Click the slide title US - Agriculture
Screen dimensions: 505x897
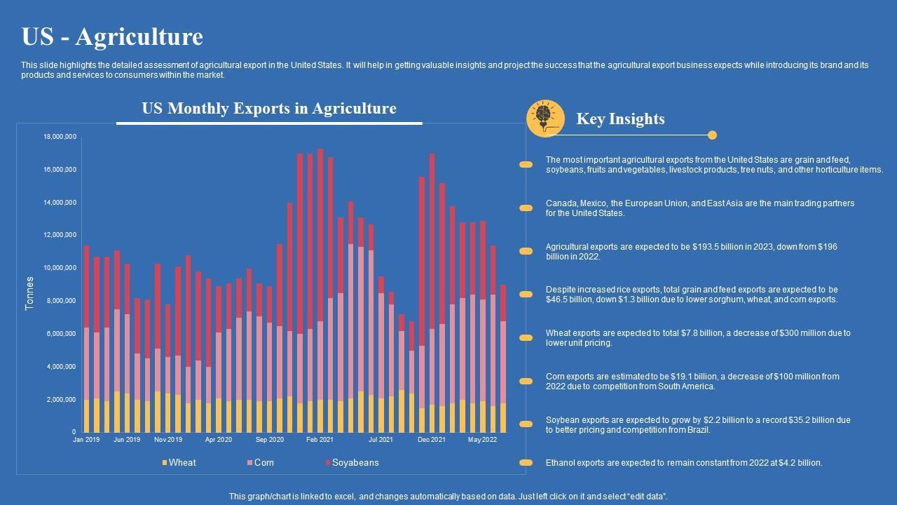(112, 36)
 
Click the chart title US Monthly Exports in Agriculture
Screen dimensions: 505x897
(269, 109)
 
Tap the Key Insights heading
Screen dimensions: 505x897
(620, 119)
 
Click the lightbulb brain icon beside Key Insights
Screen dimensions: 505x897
(545, 118)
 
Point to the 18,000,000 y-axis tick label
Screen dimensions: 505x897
(60, 137)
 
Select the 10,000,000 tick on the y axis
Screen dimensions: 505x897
(60, 268)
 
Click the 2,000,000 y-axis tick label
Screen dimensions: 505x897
(61, 399)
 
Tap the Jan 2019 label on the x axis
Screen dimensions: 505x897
(86, 440)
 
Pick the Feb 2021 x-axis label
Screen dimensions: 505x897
(320, 440)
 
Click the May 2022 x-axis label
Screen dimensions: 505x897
(482, 440)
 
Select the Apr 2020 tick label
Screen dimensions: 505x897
(219, 440)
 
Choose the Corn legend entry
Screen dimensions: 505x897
(263, 463)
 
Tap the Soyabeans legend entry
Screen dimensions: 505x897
(355, 463)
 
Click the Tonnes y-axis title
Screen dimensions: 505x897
(29, 294)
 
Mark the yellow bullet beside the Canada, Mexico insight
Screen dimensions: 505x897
(526, 208)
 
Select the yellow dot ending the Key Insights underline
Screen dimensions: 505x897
(712, 135)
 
